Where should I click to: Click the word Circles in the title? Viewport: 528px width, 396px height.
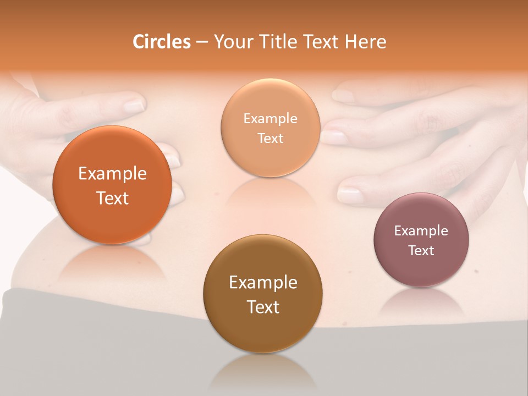tap(161, 42)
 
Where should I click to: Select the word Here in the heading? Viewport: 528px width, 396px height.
tap(365, 42)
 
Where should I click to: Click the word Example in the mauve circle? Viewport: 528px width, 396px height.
tap(421, 231)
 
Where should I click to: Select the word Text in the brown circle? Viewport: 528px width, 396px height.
tap(263, 307)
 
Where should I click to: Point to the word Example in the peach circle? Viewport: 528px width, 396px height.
tap(270, 119)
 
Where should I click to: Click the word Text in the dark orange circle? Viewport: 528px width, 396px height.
tap(112, 198)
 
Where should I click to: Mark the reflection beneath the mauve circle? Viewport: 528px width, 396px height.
tap(421, 302)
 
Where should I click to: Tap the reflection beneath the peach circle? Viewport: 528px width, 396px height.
tap(270, 193)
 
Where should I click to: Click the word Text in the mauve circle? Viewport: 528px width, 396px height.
tap(421, 251)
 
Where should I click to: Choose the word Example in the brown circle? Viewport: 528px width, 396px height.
tap(263, 283)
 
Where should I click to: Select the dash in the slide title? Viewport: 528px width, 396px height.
tap(202, 42)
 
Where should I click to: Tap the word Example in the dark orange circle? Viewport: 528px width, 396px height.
tap(112, 174)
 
